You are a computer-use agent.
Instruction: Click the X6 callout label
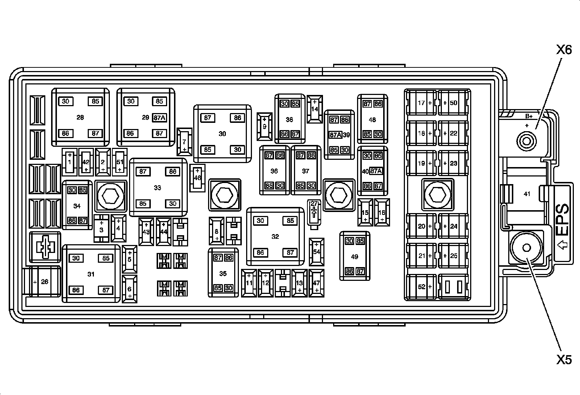[564, 50]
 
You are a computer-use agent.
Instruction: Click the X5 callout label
[564, 359]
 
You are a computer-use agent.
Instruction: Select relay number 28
[80, 117]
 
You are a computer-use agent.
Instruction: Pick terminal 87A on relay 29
[159, 118]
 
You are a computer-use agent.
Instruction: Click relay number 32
[275, 237]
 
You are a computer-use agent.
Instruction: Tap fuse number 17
[422, 103]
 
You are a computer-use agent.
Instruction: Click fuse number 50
[453, 103]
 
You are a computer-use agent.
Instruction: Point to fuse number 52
[422, 287]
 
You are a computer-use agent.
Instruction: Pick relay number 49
[355, 257]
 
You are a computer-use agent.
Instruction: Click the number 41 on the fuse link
[527, 194]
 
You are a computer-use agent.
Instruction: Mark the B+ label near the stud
[529, 117]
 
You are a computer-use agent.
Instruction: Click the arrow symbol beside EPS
[562, 245]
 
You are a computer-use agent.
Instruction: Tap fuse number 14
[314, 108]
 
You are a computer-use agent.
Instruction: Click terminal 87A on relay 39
[335, 135]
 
